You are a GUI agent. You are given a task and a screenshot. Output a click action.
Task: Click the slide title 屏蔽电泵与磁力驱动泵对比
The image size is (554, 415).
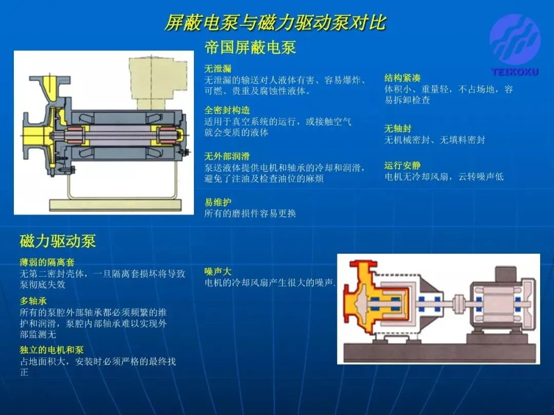(275, 23)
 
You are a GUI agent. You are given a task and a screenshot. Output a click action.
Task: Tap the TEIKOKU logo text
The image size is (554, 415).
(515, 72)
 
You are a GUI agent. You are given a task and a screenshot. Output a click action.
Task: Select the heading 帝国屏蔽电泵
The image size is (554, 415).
(250, 47)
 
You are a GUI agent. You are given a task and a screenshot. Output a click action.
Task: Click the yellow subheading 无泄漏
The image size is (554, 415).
(217, 69)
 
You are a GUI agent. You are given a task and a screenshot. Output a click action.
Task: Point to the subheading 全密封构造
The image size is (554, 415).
(227, 110)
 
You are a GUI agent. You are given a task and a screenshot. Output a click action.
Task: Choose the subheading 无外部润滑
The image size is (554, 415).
(227, 156)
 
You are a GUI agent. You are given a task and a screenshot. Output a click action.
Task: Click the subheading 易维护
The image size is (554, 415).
(217, 202)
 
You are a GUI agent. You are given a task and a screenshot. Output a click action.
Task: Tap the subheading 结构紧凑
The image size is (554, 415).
(403, 78)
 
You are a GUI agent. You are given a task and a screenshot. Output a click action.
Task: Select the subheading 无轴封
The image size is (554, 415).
(398, 129)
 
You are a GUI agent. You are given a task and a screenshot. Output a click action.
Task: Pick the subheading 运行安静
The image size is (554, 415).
(403, 165)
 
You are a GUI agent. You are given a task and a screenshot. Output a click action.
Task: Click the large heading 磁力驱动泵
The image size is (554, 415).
(57, 241)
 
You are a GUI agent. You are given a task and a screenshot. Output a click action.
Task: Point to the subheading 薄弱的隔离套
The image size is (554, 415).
(47, 262)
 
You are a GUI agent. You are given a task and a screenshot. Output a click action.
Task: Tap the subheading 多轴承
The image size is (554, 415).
(33, 301)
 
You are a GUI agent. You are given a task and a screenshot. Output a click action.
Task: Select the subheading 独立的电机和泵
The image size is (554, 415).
(52, 350)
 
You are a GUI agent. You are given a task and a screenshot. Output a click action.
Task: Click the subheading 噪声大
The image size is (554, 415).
(217, 272)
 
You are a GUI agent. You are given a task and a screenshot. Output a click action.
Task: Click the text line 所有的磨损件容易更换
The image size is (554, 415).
(250, 214)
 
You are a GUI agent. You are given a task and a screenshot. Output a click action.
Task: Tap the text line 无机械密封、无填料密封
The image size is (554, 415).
(434, 140)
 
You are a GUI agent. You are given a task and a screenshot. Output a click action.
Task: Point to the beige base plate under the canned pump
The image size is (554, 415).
(115, 204)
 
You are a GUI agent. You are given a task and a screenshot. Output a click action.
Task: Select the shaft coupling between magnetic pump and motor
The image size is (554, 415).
(460, 303)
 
